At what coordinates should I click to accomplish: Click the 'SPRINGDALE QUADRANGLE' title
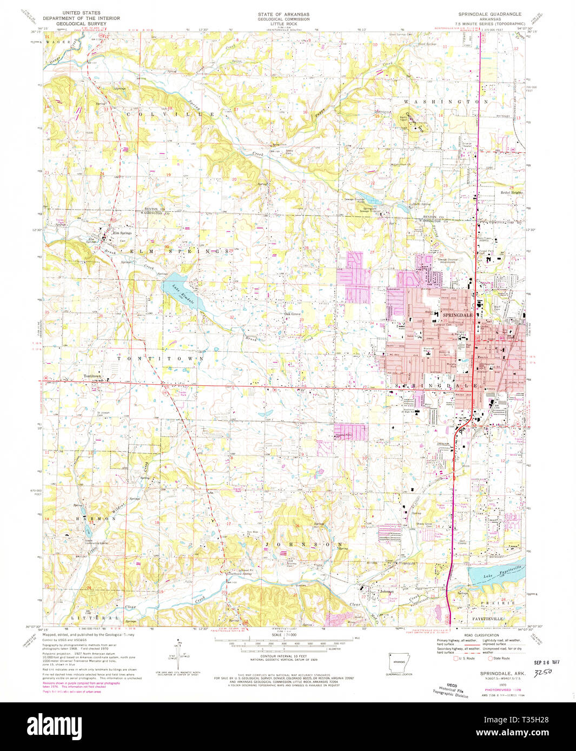pyautogui.click(x=492, y=11)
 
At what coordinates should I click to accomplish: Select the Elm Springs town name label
pyautogui.click(x=122, y=233)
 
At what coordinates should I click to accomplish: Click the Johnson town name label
pyautogui.click(x=387, y=592)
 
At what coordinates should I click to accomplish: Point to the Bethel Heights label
pyautogui.click(x=512, y=192)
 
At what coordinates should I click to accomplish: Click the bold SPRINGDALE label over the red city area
pyautogui.click(x=458, y=314)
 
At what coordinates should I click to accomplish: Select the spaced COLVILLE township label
pyautogui.click(x=171, y=115)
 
